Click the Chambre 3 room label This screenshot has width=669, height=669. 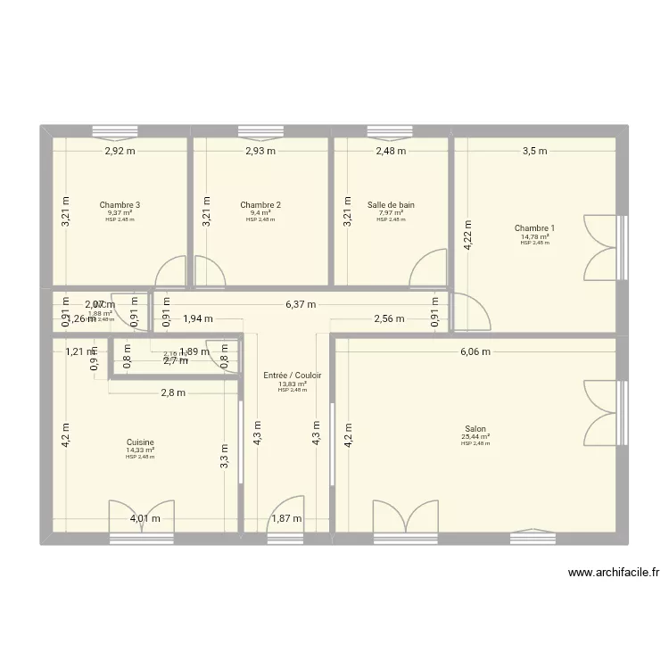pos(120,205)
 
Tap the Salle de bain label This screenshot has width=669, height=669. pos(391,205)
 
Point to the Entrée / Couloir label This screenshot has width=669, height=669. pos(293,376)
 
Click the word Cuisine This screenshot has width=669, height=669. pos(140,442)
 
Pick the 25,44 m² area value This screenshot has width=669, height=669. pos(475,437)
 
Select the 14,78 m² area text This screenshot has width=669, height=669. pos(534,236)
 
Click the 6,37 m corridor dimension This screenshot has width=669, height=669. pos(301,304)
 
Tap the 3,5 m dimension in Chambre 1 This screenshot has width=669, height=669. pos(535,152)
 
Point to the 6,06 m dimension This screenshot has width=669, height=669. pos(475,351)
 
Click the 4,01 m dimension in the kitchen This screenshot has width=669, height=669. pos(145,518)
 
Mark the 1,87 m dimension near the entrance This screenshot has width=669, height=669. pos(286,518)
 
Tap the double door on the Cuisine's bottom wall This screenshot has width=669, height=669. pos(142,517)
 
